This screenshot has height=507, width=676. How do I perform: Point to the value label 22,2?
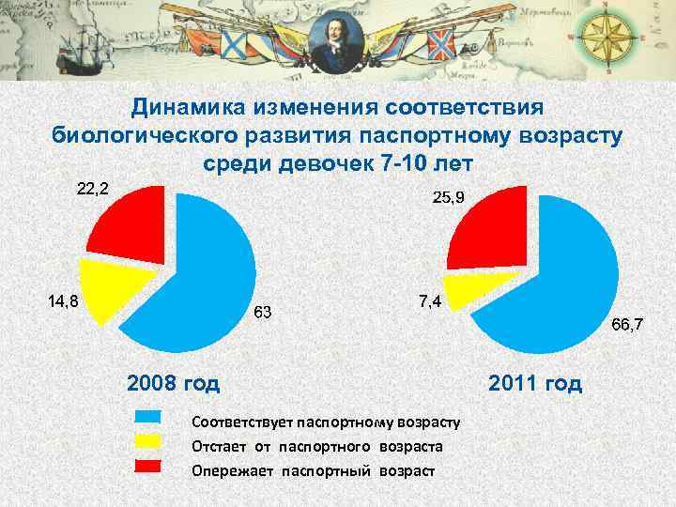[92, 189]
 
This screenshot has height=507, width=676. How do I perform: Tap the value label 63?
[263, 312]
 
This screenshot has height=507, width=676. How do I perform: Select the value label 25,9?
[450, 197]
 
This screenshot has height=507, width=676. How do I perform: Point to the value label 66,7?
[627, 325]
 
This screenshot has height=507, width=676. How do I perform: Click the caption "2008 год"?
[174, 383]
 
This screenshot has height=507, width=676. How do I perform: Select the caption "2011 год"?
[535, 383]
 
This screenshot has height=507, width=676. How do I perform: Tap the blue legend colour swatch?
[149, 417]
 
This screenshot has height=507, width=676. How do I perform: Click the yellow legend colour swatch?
[149, 441]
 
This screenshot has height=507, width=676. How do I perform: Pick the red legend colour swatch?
[149, 466]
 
